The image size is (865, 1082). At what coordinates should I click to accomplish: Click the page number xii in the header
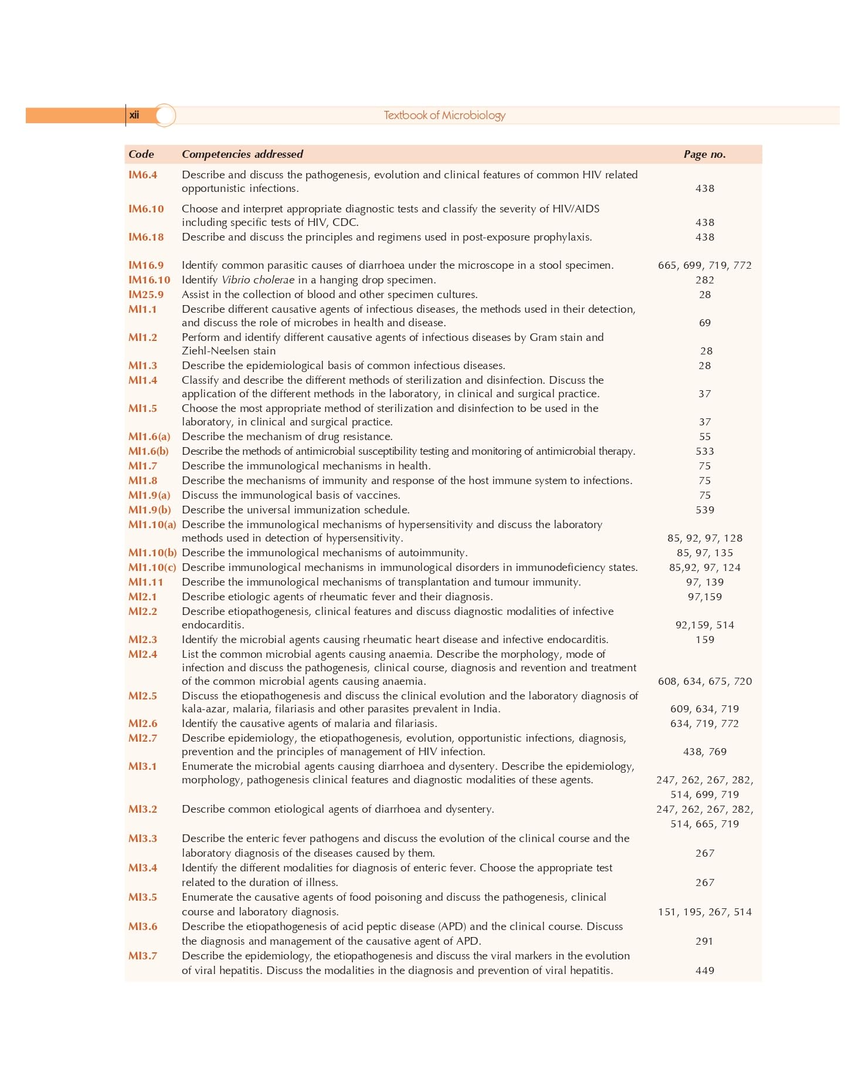[x=134, y=115]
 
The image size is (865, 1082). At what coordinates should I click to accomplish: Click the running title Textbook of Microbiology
[x=445, y=116]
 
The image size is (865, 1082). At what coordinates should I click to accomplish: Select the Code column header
[x=141, y=154]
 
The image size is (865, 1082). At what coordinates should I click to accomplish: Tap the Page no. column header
[x=704, y=154]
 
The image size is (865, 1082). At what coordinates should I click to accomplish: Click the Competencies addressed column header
[x=242, y=154]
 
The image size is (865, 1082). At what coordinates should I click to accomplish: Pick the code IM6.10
[x=146, y=209]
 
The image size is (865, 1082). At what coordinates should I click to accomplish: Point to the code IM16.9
[x=146, y=265]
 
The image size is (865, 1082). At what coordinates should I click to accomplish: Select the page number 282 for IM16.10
[x=705, y=280]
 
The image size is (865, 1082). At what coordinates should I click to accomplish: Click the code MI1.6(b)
[x=148, y=451]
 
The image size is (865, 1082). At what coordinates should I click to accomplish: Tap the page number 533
[x=705, y=451]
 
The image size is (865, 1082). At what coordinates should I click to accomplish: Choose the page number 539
[x=705, y=510]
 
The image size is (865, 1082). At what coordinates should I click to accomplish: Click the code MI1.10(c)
[x=152, y=567]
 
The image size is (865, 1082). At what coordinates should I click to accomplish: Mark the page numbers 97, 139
[x=705, y=582]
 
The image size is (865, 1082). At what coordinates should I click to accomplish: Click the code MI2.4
[x=143, y=654]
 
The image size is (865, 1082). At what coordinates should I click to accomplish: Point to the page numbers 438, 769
[x=705, y=752]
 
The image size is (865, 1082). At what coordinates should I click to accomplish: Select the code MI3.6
[x=143, y=927]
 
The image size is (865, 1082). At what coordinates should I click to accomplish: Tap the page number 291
[x=704, y=941]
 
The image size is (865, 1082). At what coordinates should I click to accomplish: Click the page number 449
[x=705, y=971]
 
